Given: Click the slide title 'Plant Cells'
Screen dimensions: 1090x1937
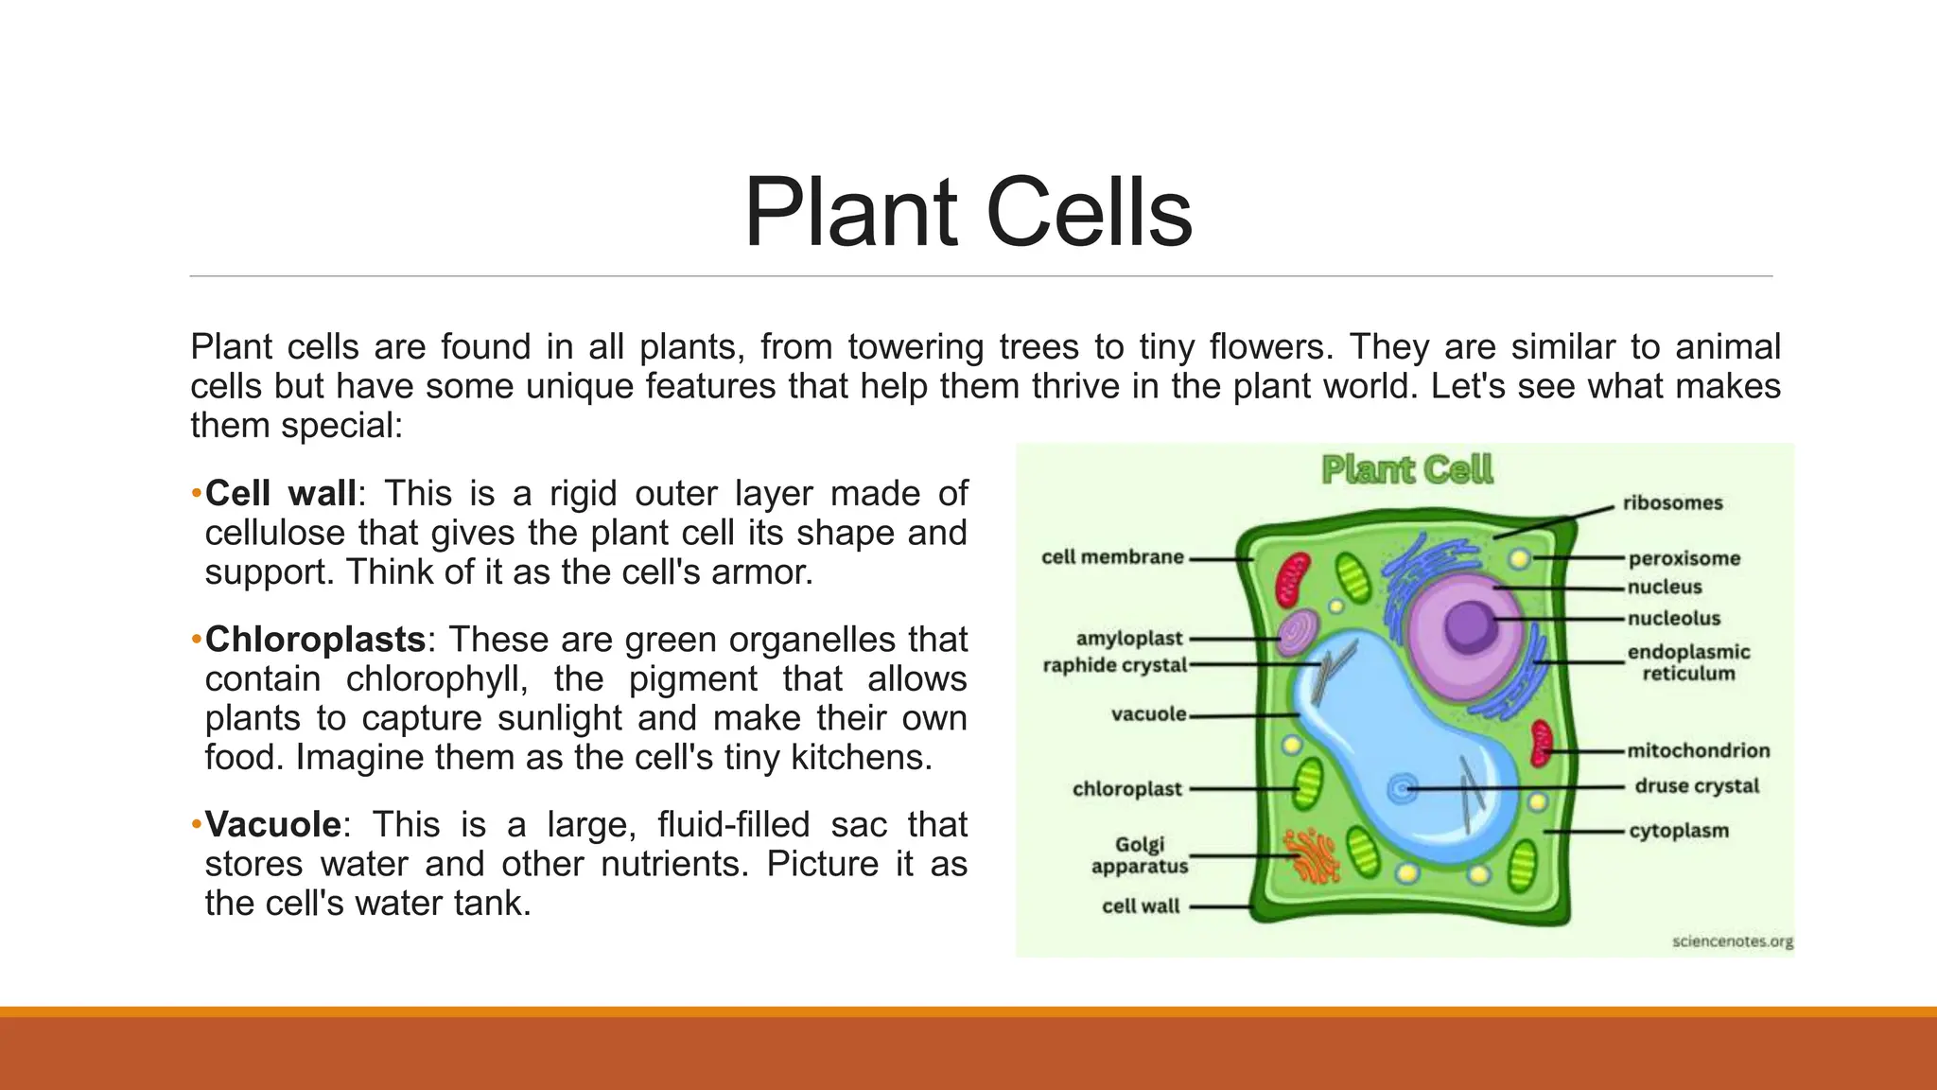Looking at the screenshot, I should click(x=968, y=213).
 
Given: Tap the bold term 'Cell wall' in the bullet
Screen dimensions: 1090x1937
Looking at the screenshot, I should click(x=281, y=493).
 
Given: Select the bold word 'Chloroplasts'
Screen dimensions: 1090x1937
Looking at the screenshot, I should click(x=316, y=640).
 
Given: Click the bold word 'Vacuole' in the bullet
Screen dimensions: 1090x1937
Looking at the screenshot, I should click(x=273, y=824).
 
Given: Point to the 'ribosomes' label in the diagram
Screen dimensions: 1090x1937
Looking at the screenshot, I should click(x=1672, y=502).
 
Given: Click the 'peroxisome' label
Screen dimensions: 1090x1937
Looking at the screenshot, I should click(x=1684, y=558).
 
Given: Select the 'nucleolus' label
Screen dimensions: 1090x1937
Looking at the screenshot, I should click(x=1673, y=618).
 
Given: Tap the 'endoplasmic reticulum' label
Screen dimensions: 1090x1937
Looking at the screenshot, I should click(x=1688, y=662).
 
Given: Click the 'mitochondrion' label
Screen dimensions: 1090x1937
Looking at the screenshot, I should click(x=1698, y=750).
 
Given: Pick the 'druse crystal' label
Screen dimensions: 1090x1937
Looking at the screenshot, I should click(x=1697, y=785).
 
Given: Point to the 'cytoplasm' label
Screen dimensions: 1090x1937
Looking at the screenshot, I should click(x=1678, y=831).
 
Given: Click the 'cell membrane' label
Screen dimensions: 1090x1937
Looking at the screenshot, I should click(x=1112, y=556).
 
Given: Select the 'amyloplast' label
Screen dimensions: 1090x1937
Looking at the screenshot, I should click(x=1129, y=639).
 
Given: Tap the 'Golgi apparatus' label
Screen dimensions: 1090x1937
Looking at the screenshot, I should click(x=1139, y=854).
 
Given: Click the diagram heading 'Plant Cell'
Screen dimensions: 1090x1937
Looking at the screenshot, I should click(x=1406, y=469).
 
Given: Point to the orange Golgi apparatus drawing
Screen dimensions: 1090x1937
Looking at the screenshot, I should click(x=1310, y=855).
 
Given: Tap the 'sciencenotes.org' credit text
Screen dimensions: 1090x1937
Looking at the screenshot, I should click(x=1732, y=941).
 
